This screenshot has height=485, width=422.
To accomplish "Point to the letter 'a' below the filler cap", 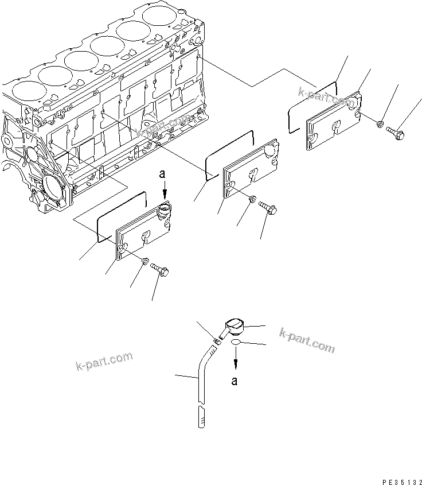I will (x=235, y=380).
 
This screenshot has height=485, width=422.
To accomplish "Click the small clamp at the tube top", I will (x=217, y=341).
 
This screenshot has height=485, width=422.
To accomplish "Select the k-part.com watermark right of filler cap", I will (x=307, y=340).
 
